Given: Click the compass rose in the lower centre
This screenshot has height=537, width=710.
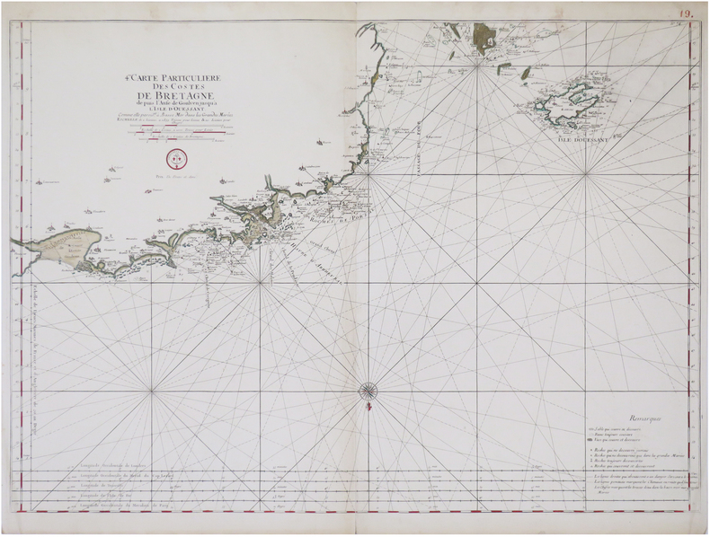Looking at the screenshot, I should click(368, 390).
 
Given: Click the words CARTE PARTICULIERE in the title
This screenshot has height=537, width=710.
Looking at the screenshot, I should click(177, 79).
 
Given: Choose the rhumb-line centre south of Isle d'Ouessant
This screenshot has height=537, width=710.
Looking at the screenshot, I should click(585, 174).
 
